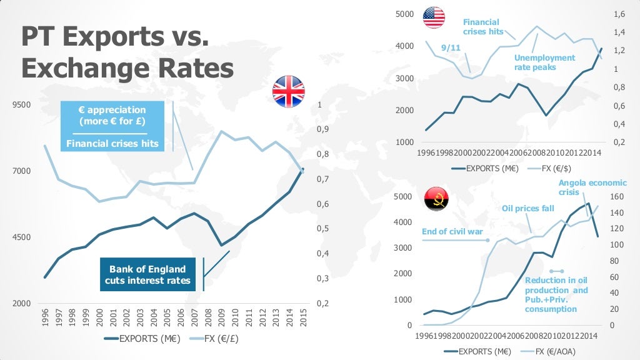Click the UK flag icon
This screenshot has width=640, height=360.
tap(288, 92)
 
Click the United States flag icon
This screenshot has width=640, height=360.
tap(434, 17)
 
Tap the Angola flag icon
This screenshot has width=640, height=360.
tap(436, 199)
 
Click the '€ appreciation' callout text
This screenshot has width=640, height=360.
tap(112, 115)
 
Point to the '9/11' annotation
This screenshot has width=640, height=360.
tap(451, 47)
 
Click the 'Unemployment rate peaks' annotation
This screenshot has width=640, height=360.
tap(544, 62)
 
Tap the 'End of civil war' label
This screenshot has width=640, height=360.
tap(452, 231)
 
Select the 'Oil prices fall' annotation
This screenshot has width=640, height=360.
tap(528, 208)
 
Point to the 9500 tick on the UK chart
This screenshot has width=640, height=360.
tap(21, 105)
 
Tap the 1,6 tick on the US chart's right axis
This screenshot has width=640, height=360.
tap(619, 14)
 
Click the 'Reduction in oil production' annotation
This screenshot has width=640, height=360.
tap(556, 295)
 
